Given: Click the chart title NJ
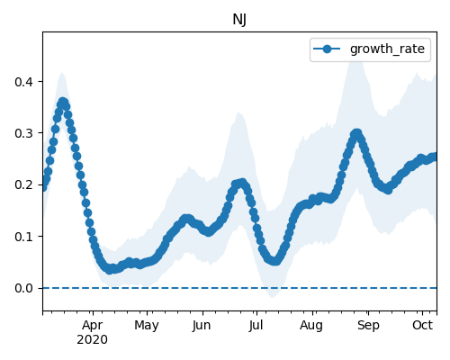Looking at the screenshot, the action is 239,20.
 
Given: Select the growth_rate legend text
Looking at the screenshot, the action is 387,49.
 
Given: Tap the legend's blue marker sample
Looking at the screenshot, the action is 327,49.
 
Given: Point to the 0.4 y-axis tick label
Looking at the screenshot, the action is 23,82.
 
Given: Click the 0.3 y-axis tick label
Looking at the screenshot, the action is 23,133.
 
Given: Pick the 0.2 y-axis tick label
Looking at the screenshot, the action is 23,184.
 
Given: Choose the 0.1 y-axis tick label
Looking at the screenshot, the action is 23,237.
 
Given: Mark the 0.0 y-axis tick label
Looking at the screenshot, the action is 23,288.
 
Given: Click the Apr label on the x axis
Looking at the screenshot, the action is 93,326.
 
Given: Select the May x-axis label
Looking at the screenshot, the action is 147,326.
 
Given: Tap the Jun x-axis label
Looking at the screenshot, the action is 202,326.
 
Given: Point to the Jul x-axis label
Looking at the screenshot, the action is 256,326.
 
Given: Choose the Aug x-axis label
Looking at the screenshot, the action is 311,326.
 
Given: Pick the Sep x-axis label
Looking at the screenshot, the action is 368,326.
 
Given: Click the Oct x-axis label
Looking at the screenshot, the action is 423,325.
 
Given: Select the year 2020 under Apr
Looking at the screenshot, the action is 92,340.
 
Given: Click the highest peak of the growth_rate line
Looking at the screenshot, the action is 62,103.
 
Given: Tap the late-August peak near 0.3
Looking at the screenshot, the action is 356,133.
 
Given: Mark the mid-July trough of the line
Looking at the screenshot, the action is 274,261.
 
